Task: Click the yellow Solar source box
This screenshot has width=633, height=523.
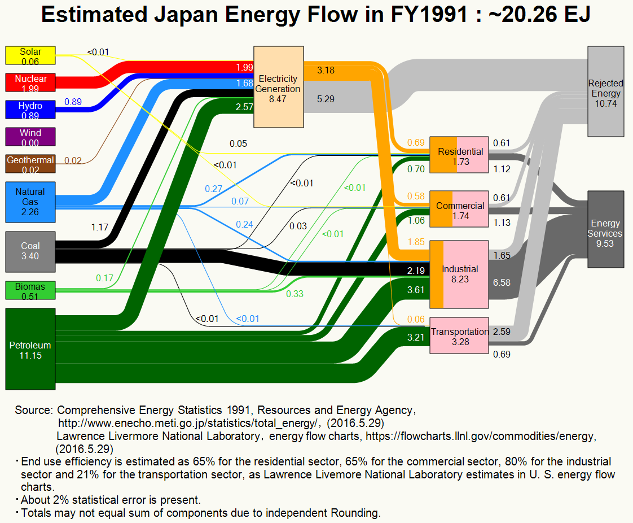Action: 30,55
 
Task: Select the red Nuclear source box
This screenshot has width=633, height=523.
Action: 30,82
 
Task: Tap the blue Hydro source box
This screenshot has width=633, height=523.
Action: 30,110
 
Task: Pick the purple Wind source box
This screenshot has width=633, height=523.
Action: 30,137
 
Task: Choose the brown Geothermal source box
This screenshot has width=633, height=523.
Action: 30,164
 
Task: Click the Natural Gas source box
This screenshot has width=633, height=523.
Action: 30,202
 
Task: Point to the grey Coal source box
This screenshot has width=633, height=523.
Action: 30,252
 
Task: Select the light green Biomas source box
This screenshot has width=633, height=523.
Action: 30,290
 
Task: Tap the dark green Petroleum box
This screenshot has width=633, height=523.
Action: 30,349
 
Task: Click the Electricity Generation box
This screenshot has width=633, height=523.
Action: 279,87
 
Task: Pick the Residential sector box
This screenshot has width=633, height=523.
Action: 459,155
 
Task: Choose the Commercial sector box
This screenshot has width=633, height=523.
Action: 459,209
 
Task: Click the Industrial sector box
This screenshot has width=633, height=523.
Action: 459,274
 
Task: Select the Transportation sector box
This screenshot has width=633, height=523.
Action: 459,335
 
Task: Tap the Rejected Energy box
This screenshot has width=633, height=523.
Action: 606,91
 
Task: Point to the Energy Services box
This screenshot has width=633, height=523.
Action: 606,229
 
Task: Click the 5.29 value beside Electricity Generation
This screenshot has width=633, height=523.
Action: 326,99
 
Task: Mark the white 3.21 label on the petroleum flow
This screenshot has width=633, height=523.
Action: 416,338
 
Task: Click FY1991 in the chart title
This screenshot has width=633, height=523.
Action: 429,15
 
